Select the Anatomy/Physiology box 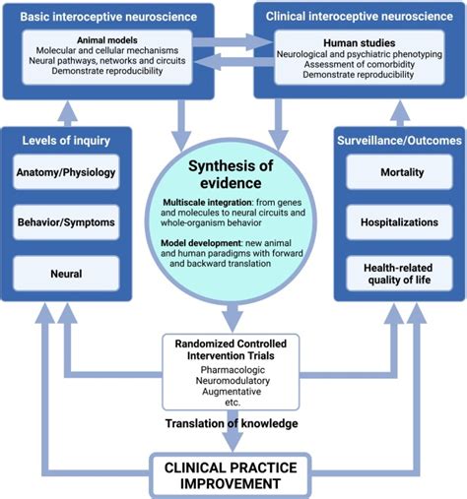[x=66, y=173]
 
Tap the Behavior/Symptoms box [x=66, y=222]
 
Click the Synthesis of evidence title [x=233, y=174]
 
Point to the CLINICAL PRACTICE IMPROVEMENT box [x=230, y=475]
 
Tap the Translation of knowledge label [x=230, y=424]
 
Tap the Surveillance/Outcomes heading [x=398, y=141]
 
